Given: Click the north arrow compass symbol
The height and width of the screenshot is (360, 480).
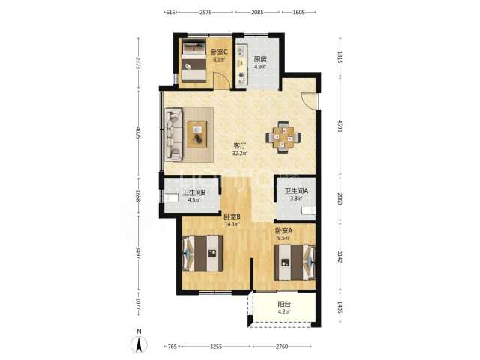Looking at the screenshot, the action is click(139, 343).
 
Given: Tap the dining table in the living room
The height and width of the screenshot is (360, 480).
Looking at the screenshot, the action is click(283, 137).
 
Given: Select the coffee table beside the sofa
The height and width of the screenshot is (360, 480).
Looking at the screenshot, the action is click(197, 134).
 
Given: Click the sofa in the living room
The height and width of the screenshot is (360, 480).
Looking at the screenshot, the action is click(173, 134).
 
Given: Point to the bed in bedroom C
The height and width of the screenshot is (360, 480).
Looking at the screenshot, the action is click(194, 61).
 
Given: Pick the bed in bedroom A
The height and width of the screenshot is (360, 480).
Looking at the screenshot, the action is click(295, 262).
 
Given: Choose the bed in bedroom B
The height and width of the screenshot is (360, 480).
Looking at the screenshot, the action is click(202, 253).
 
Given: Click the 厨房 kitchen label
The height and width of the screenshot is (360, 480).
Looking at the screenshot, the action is click(260, 59).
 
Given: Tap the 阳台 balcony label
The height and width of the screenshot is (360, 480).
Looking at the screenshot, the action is click(284, 304).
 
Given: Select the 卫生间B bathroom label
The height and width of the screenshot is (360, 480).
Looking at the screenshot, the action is click(194, 193).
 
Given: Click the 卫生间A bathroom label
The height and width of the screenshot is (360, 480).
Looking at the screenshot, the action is click(296, 191).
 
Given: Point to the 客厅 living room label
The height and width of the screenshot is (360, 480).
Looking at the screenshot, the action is click(239, 145).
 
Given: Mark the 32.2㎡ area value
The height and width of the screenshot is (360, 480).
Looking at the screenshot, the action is click(239, 154).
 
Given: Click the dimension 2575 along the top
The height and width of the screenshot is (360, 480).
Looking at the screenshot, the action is click(205, 12).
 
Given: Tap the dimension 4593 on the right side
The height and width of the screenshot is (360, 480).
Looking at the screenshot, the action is click(340, 126).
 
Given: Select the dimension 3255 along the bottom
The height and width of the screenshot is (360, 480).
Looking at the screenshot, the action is click(216, 346).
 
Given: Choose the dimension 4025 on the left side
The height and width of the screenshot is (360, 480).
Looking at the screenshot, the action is click(138, 133).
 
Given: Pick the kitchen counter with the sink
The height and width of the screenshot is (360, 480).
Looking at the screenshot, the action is click(241, 64).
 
